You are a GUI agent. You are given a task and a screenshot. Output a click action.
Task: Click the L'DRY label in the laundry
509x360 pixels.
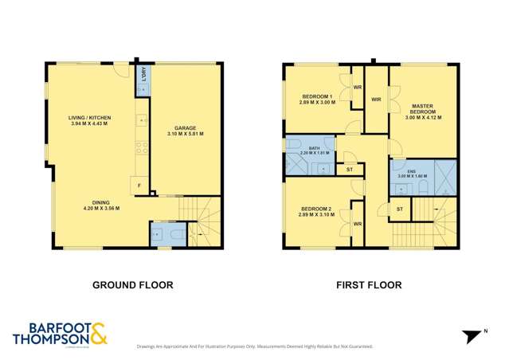[143, 76]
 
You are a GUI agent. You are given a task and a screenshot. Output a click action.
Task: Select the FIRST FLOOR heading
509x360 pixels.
[370, 284]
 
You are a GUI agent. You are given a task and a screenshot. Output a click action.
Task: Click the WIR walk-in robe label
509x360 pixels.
[376, 100]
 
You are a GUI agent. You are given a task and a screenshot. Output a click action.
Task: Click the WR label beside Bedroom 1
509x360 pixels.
[358, 86]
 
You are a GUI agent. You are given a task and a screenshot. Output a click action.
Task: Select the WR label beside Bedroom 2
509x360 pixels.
[358, 225]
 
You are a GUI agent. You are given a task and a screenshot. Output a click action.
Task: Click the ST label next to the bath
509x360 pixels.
[348, 169]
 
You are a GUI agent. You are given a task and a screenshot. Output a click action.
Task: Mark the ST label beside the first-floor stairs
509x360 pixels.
[401, 209]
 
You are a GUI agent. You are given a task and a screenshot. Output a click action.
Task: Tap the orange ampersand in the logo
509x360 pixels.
[99, 333]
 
